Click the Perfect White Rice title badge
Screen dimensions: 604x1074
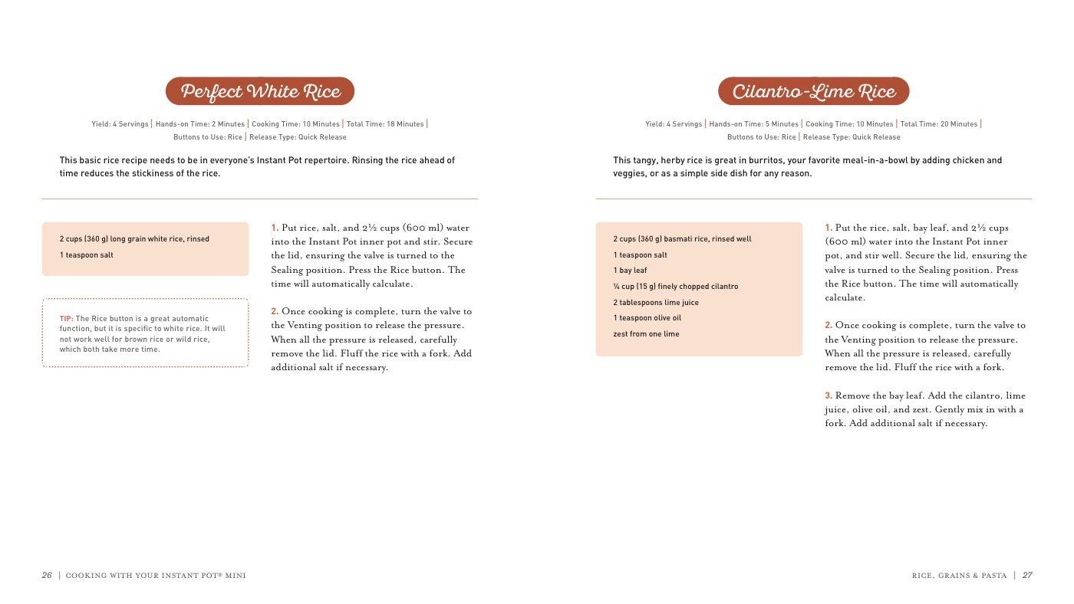click(260, 92)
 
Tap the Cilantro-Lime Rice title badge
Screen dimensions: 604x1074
click(813, 92)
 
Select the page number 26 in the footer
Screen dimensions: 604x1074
click(47, 575)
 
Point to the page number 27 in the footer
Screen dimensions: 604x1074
click(1027, 575)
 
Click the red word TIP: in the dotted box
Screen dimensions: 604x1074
click(67, 319)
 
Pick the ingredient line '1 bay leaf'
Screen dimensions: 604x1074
click(630, 271)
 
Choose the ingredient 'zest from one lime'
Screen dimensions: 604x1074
click(646, 334)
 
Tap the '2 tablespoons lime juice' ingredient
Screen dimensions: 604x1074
click(656, 303)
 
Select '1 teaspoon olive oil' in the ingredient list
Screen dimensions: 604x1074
click(647, 318)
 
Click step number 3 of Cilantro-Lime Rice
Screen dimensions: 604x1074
click(829, 396)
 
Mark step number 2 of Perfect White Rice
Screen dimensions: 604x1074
click(275, 311)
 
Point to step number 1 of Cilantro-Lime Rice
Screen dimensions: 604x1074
click(829, 228)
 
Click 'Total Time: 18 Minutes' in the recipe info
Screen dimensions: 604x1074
click(385, 124)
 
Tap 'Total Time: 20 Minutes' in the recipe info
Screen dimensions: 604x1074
click(939, 124)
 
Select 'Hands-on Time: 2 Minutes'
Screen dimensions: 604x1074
click(200, 124)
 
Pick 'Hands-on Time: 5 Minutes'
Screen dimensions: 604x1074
click(754, 124)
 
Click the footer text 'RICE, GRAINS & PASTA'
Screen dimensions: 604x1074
click(959, 575)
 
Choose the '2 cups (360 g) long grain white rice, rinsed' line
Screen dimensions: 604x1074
click(134, 239)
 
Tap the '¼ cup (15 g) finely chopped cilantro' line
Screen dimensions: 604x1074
click(676, 287)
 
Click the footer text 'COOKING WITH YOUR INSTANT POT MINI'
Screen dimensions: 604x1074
click(156, 575)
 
